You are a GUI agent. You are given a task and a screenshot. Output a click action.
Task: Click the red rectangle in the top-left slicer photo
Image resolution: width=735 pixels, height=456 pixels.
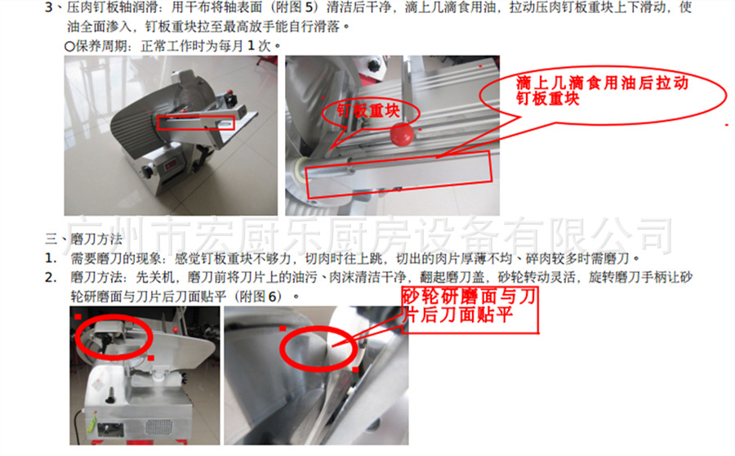(197, 123)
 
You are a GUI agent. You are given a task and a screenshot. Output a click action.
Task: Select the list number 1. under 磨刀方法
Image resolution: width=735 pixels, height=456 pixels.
(50, 259)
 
